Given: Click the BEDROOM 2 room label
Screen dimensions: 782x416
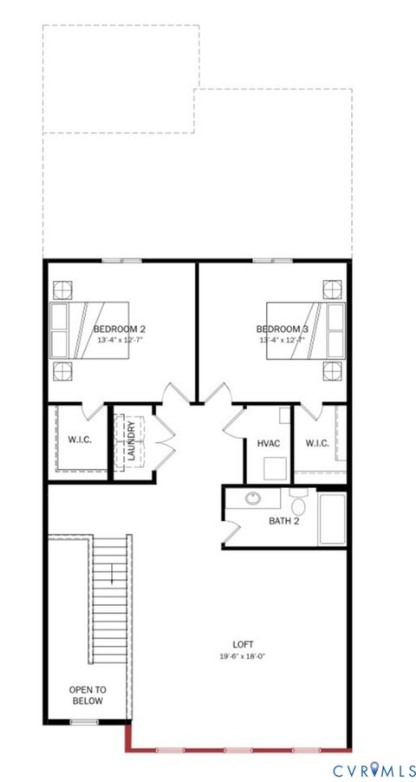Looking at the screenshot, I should tap(120, 329).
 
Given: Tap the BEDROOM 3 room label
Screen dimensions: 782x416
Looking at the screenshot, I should tap(283, 329).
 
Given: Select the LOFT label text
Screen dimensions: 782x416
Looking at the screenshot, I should tap(243, 645).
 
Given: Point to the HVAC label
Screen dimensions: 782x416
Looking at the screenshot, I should tap(269, 444).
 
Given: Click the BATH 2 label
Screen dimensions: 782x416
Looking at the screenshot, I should tap(283, 521).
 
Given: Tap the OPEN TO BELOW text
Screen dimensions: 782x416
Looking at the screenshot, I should tap(87, 695).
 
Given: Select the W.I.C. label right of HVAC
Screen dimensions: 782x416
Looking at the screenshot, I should tap(316, 444).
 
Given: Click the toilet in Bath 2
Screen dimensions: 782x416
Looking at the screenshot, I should tap(299, 505).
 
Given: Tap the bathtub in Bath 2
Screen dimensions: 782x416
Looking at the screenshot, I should tap(334, 518).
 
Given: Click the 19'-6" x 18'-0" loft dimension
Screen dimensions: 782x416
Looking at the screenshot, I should tap(243, 656).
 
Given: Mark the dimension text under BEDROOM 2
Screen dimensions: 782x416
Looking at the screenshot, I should tap(120, 341).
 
